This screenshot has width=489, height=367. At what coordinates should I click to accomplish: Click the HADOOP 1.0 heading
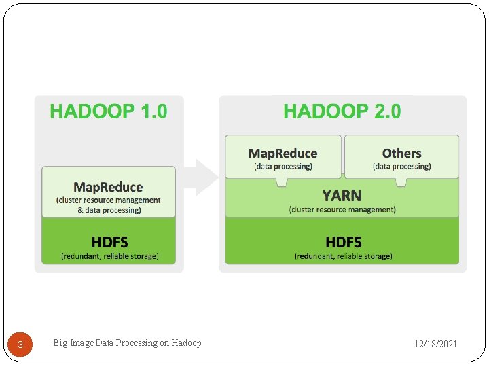click(109, 111)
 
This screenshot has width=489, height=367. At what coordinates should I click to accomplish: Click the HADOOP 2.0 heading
click(342, 111)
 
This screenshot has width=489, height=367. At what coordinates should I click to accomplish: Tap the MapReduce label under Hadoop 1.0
click(108, 187)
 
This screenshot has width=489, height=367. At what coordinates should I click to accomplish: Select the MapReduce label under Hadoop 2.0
click(283, 154)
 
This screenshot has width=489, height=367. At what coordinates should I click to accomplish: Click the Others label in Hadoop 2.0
click(401, 154)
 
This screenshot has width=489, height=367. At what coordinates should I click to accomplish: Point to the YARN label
click(342, 196)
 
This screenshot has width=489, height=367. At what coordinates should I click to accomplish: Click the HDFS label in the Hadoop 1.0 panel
click(109, 242)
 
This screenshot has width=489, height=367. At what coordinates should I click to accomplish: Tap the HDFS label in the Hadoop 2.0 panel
click(343, 242)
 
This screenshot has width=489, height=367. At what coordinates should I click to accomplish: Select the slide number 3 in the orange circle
click(20, 345)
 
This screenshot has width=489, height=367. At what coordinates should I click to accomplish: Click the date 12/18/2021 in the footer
click(436, 345)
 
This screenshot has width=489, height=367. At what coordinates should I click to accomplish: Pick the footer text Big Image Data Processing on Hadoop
click(127, 343)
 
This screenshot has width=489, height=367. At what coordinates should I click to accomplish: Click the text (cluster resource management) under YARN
click(342, 209)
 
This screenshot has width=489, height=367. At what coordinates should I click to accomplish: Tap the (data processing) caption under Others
click(401, 167)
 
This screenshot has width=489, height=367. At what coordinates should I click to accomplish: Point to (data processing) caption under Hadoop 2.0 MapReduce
click(283, 167)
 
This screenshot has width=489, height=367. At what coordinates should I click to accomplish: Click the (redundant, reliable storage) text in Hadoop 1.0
click(109, 256)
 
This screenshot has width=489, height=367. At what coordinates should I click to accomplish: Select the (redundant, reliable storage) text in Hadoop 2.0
click(343, 256)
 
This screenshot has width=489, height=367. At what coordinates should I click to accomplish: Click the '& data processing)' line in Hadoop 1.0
click(109, 210)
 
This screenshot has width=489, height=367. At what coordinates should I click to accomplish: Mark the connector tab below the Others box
click(401, 181)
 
